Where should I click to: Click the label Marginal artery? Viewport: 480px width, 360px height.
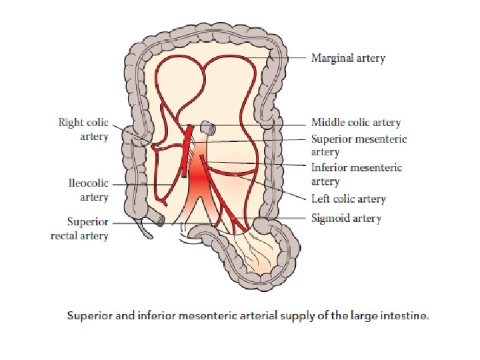348,58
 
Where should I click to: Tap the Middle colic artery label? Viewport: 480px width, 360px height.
356,123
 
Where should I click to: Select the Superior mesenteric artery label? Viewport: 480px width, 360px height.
359,145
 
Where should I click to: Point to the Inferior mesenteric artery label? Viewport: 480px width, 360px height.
357,174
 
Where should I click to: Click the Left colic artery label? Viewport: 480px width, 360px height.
348,199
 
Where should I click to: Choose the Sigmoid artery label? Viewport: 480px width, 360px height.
346,218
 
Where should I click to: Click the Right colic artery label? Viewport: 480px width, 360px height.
83,130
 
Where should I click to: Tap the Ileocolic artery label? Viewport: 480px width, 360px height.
88,190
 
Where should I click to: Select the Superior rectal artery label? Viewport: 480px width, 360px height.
79,229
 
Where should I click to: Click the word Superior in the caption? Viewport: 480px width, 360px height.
89,316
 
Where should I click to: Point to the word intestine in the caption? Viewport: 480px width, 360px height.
404,316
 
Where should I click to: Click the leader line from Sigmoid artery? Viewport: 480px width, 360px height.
293,219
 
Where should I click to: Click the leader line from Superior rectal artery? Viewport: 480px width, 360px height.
133,222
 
